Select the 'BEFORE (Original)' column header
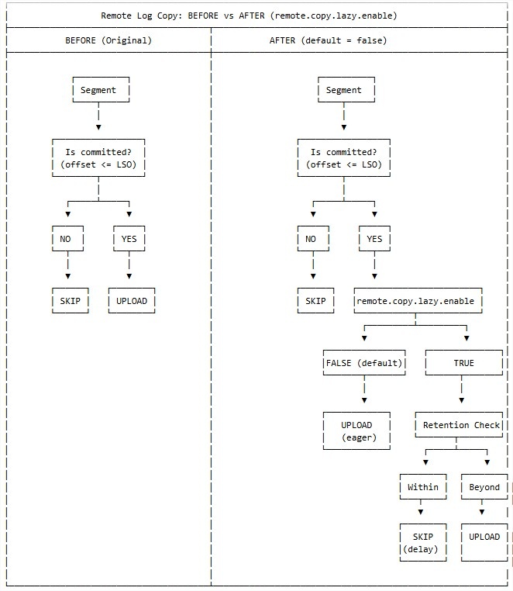pos(108,40)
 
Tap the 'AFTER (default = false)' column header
pos(328,40)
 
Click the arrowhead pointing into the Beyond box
pos(487,462)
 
